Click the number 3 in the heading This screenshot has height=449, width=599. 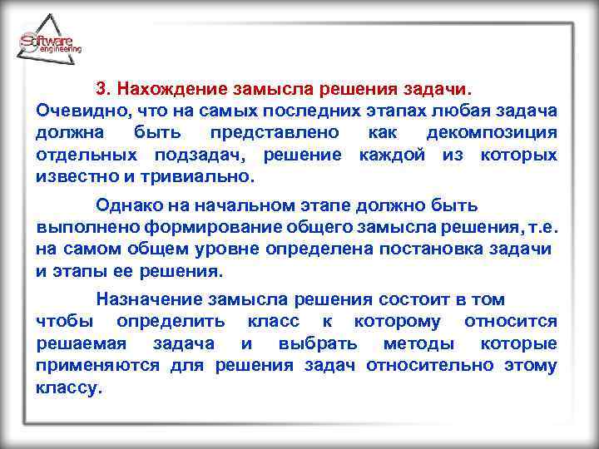(102, 87)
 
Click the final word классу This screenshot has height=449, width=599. (69, 388)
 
